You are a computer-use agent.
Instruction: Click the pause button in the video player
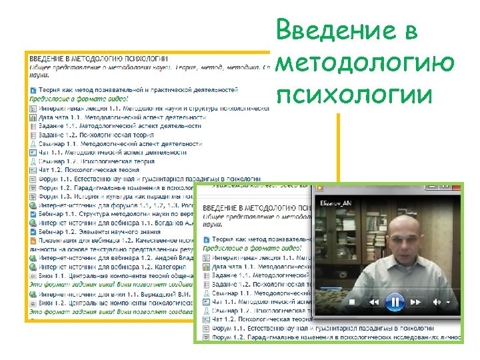[x=395, y=302]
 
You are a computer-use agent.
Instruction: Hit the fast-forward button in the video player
[x=415, y=302]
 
